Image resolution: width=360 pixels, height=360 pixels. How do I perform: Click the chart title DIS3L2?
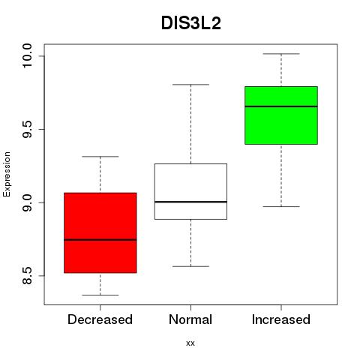[x=191, y=23]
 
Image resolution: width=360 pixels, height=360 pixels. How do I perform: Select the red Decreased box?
[x=100, y=232]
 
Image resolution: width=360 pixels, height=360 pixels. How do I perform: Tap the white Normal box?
[x=190, y=191]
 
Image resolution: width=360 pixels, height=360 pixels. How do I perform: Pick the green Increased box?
[x=281, y=115]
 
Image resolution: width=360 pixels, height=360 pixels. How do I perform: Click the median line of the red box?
[x=100, y=240]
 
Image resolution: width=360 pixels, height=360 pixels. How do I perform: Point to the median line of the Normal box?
[x=190, y=202]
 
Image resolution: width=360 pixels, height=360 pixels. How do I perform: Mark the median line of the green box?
[x=281, y=106]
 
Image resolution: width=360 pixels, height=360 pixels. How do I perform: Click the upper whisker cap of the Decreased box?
[x=100, y=157]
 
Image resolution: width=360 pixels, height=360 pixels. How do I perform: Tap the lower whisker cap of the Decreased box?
[x=100, y=295]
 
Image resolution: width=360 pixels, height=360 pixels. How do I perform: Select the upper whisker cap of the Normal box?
[x=190, y=85]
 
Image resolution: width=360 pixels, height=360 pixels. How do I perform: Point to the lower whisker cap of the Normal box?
[x=190, y=266]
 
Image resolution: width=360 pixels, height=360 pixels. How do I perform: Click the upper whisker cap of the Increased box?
[x=281, y=54]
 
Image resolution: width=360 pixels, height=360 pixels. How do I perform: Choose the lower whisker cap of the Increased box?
[x=281, y=207]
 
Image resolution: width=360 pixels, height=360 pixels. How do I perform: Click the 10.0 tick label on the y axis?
[x=27, y=55]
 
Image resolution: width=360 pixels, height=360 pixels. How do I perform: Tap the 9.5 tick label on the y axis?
[x=27, y=129]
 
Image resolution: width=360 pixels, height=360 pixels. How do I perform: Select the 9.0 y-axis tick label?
[x=27, y=202]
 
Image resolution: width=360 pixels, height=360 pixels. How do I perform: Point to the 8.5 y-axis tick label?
[x=27, y=276]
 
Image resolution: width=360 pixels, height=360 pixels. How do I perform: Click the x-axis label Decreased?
[x=100, y=319]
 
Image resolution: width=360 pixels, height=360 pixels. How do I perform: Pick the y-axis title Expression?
[x=7, y=174]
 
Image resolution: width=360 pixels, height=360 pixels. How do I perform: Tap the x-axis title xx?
[x=190, y=343]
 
